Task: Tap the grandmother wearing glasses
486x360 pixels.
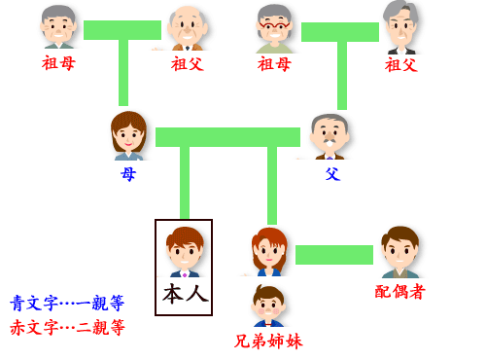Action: tap(275, 27)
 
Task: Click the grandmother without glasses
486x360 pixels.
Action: tap(58, 25)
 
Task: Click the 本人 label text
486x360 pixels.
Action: tap(185, 293)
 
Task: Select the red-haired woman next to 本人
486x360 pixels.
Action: tap(268, 250)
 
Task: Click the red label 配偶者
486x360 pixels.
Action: tap(399, 291)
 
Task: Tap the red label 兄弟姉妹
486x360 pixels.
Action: tap(268, 341)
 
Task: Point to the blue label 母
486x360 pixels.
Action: tap(128, 173)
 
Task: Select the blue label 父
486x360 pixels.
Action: tap(332, 173)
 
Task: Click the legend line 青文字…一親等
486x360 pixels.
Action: tap(67, 303)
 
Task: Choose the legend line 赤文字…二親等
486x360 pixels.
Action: tap(67, 327)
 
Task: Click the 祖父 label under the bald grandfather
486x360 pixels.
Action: tap(187, 63)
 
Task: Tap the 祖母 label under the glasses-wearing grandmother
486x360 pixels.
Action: tap(274, 63)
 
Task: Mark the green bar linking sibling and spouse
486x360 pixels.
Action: tap(333, 255)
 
